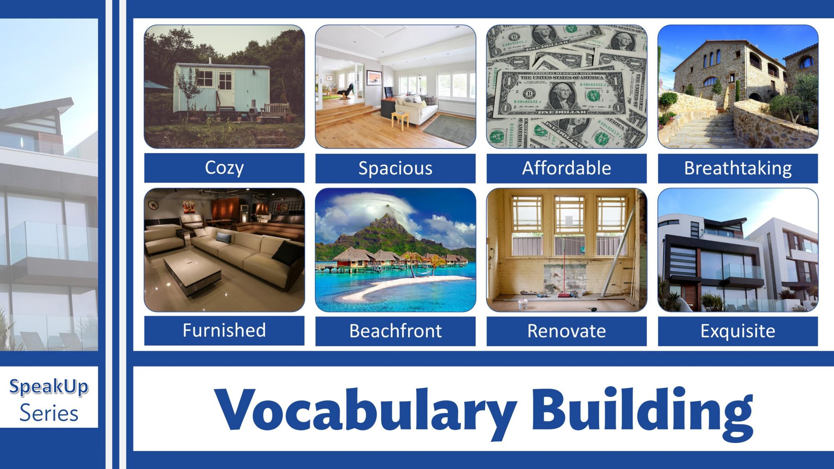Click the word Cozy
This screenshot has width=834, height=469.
[x=224, y=168]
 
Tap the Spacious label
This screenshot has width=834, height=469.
[x=395, y=168]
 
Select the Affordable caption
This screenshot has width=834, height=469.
[x=566, y=168]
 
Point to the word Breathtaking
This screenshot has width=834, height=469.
[x=738, y=168]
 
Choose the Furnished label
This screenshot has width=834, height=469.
[x=224, y=330]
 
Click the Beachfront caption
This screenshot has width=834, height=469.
[x=395, y=331]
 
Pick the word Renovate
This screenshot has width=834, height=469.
[x=566, y=331]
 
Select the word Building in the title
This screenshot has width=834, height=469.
[x=642, y=411]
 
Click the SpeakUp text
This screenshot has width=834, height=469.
[x=49, y=387]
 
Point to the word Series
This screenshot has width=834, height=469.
[x=49, y=413]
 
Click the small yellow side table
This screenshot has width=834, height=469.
[x=400, y=120]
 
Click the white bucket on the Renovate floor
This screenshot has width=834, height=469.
[x=523, y=304]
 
